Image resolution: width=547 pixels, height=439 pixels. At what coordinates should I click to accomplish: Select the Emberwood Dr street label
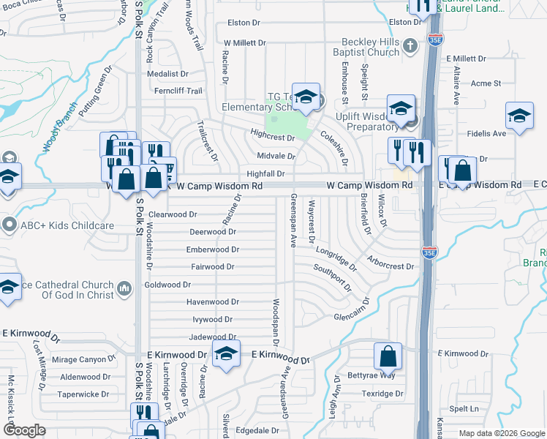point(214,249)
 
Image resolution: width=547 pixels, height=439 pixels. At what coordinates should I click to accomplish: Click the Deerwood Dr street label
point(213,232)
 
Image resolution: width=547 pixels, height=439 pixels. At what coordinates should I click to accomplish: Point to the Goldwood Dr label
point(167,285)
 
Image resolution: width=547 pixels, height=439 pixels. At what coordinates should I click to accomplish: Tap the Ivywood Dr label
point(212,320)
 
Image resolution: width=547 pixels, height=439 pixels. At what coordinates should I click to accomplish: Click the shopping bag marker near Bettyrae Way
point(388,356)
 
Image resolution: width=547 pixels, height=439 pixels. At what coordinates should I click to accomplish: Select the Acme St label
point(486,84)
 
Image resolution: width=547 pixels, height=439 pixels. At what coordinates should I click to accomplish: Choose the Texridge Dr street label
point(385,394)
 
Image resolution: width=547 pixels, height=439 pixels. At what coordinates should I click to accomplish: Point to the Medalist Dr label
point(168,74)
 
